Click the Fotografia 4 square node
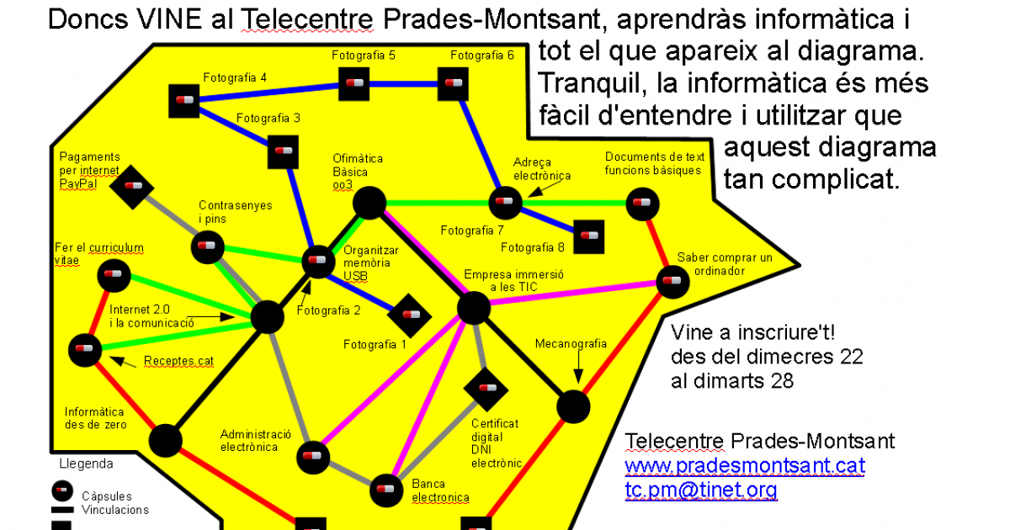(x=184, y=100)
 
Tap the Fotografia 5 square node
(x=354, y=83)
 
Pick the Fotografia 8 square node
(x=588, y=236)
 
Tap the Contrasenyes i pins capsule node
(x=207, y=247)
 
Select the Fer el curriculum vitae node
(x=112, y=274)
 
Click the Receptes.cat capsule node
(x=84, y=347)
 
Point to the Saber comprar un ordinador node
(x=672, y=281)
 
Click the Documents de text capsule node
(x=641, y=204)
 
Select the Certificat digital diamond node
(x=486, y=389)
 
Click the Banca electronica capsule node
(x=386, y=488)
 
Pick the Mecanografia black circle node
(x=574, y=407)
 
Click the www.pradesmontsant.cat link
(x=744, y=465)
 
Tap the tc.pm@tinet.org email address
(x=700, y=490)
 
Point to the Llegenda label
(x=86, y=464)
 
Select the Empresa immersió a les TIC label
(x=513, y=281)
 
